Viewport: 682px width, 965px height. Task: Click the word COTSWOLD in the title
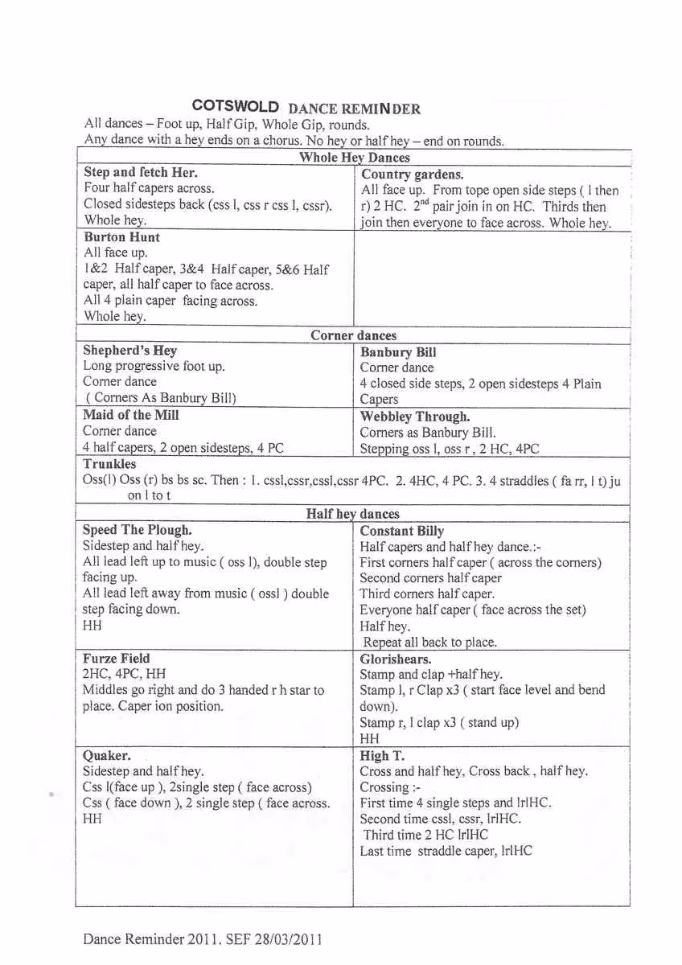[x=236, y=107]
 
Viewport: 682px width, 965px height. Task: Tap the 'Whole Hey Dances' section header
[x=354, y=158]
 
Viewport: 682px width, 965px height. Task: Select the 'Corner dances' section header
[x=353, y=335]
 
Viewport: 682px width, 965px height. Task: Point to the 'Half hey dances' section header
[x=352, y=514]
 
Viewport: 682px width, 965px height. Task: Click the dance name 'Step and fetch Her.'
[x=141, y=172]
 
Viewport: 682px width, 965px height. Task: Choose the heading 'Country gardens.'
[x=413, y=175]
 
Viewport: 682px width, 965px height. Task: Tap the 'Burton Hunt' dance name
[x=121, y=237]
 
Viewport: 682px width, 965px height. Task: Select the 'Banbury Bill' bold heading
[x=398, y=352]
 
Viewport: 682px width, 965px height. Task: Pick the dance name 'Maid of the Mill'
[x=131, y=415]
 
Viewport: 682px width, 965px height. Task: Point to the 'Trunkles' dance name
[x=109, y=464]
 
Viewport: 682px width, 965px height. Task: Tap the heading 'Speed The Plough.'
[x=138, y=530]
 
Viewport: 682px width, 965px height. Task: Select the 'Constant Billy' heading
[x=402, y=532]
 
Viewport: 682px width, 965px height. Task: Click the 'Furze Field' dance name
[x=117, y=658]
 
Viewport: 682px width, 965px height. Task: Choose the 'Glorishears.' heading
[x=396, y=659]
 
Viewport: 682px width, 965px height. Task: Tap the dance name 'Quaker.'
[x=107, y=755]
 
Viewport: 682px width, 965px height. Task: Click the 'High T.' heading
[x=382, y=756]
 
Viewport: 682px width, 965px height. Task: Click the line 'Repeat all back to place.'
[x=430, y=642]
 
